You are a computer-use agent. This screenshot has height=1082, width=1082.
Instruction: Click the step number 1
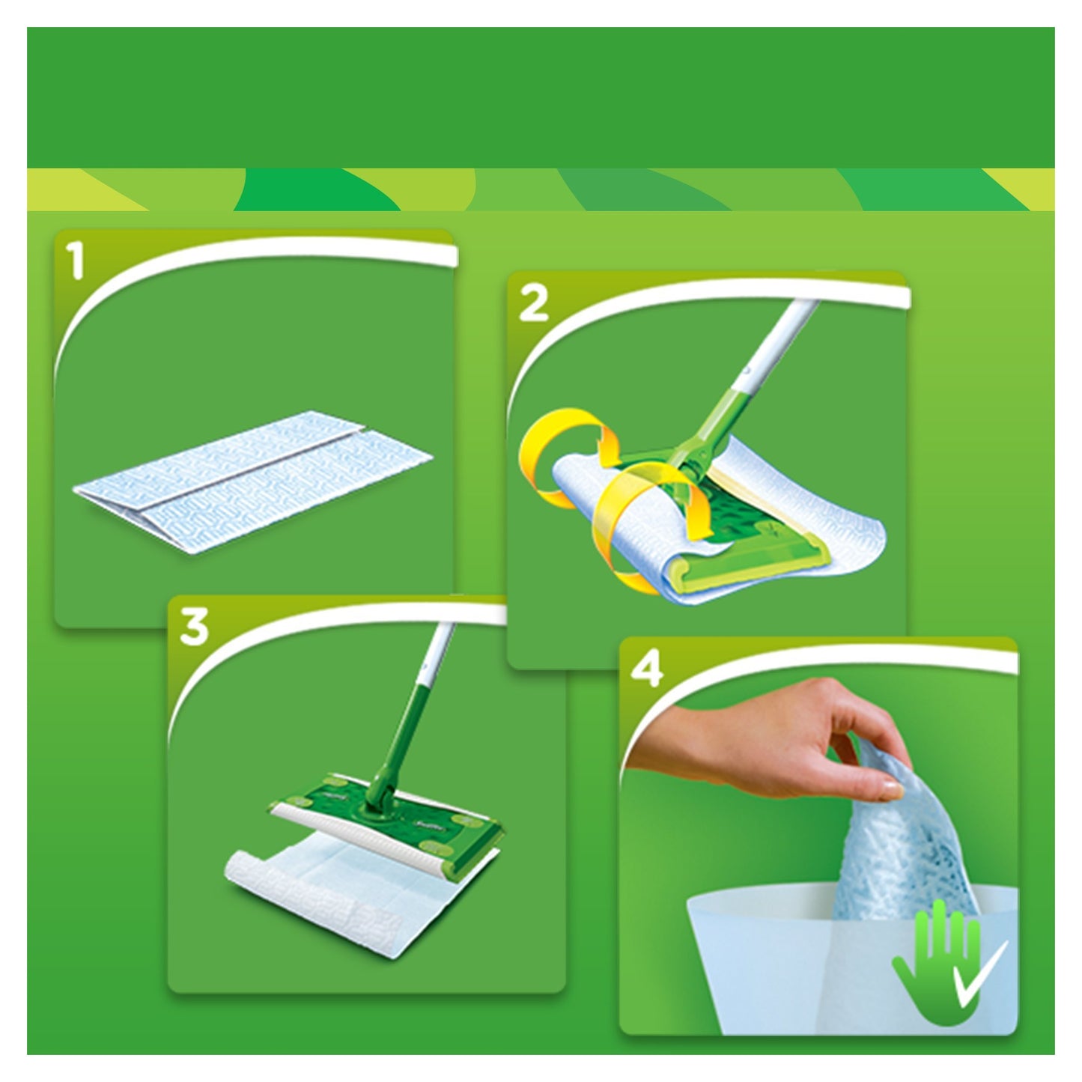pos(77,264)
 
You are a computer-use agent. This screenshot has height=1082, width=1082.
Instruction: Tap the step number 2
pos(533,306)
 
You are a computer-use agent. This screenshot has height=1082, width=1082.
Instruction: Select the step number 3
pos(194,629)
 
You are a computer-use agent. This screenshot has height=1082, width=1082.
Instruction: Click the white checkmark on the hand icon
pos(973,973)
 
